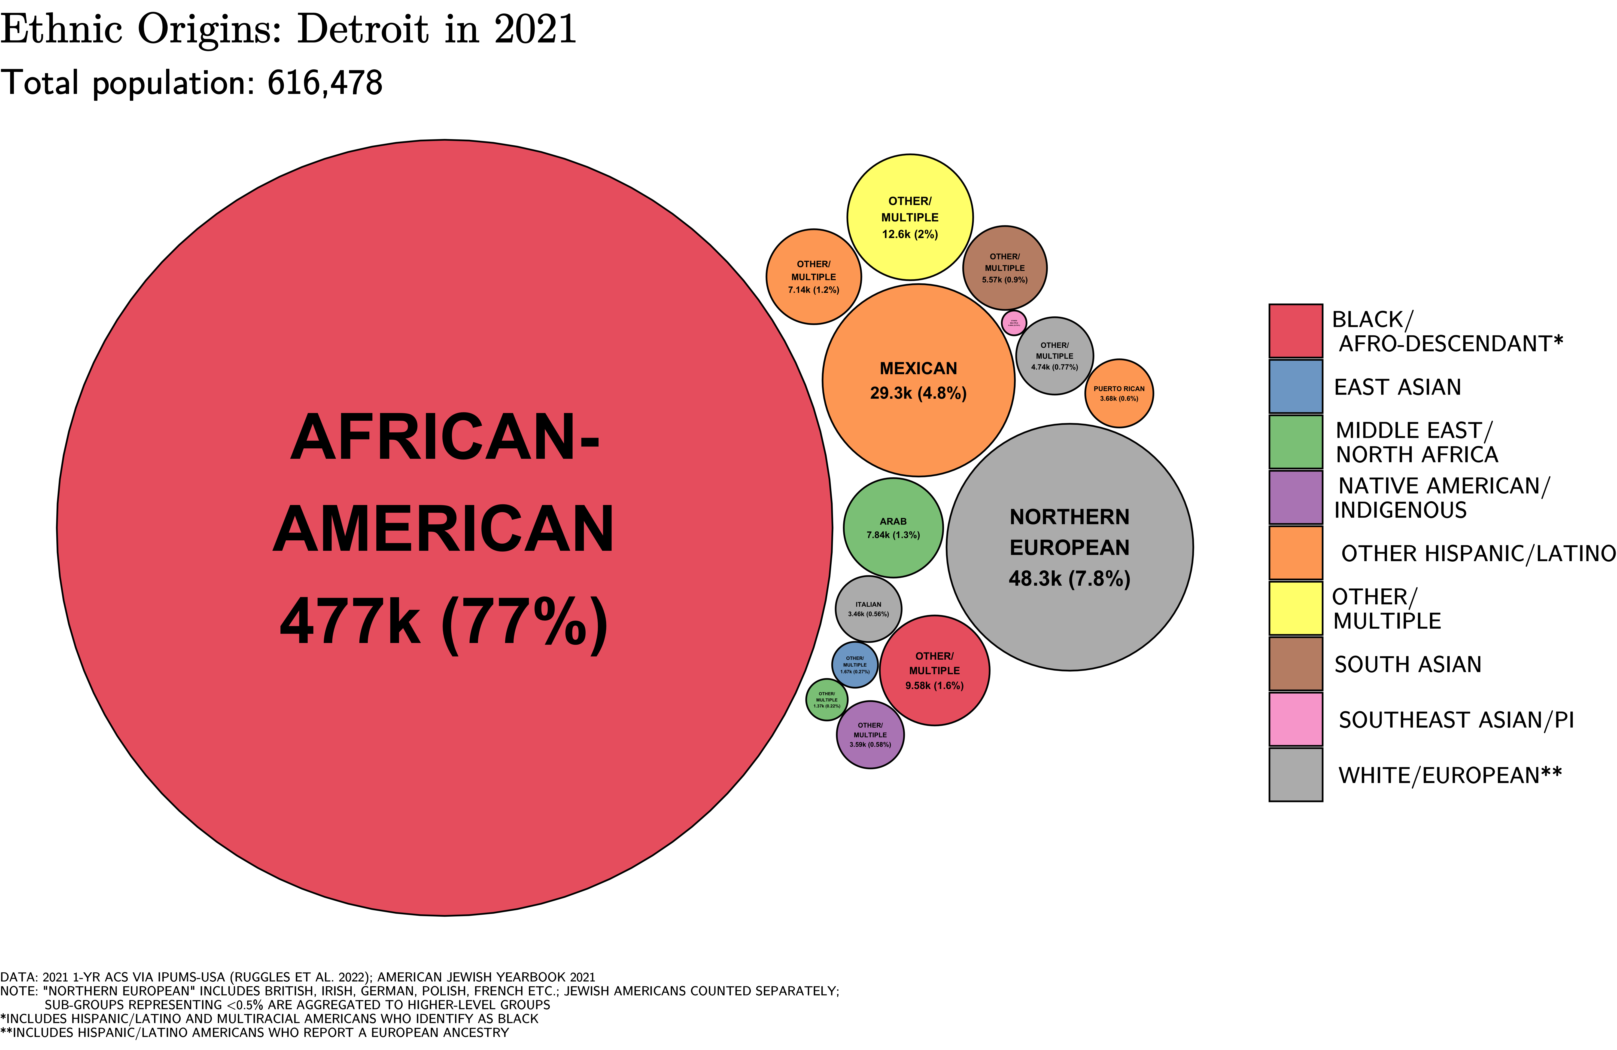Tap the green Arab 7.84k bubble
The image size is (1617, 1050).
893,528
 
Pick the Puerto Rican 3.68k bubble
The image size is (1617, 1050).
1119,394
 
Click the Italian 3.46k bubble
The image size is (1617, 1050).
868,609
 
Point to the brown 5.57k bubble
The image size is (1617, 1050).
1005,268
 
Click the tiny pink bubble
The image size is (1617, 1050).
1014,323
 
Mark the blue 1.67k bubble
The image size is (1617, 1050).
855,665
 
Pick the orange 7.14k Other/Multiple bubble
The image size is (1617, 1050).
813,277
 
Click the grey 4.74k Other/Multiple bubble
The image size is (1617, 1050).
1055,355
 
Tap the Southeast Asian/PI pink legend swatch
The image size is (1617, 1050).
1296,719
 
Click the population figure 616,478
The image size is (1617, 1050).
325,83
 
